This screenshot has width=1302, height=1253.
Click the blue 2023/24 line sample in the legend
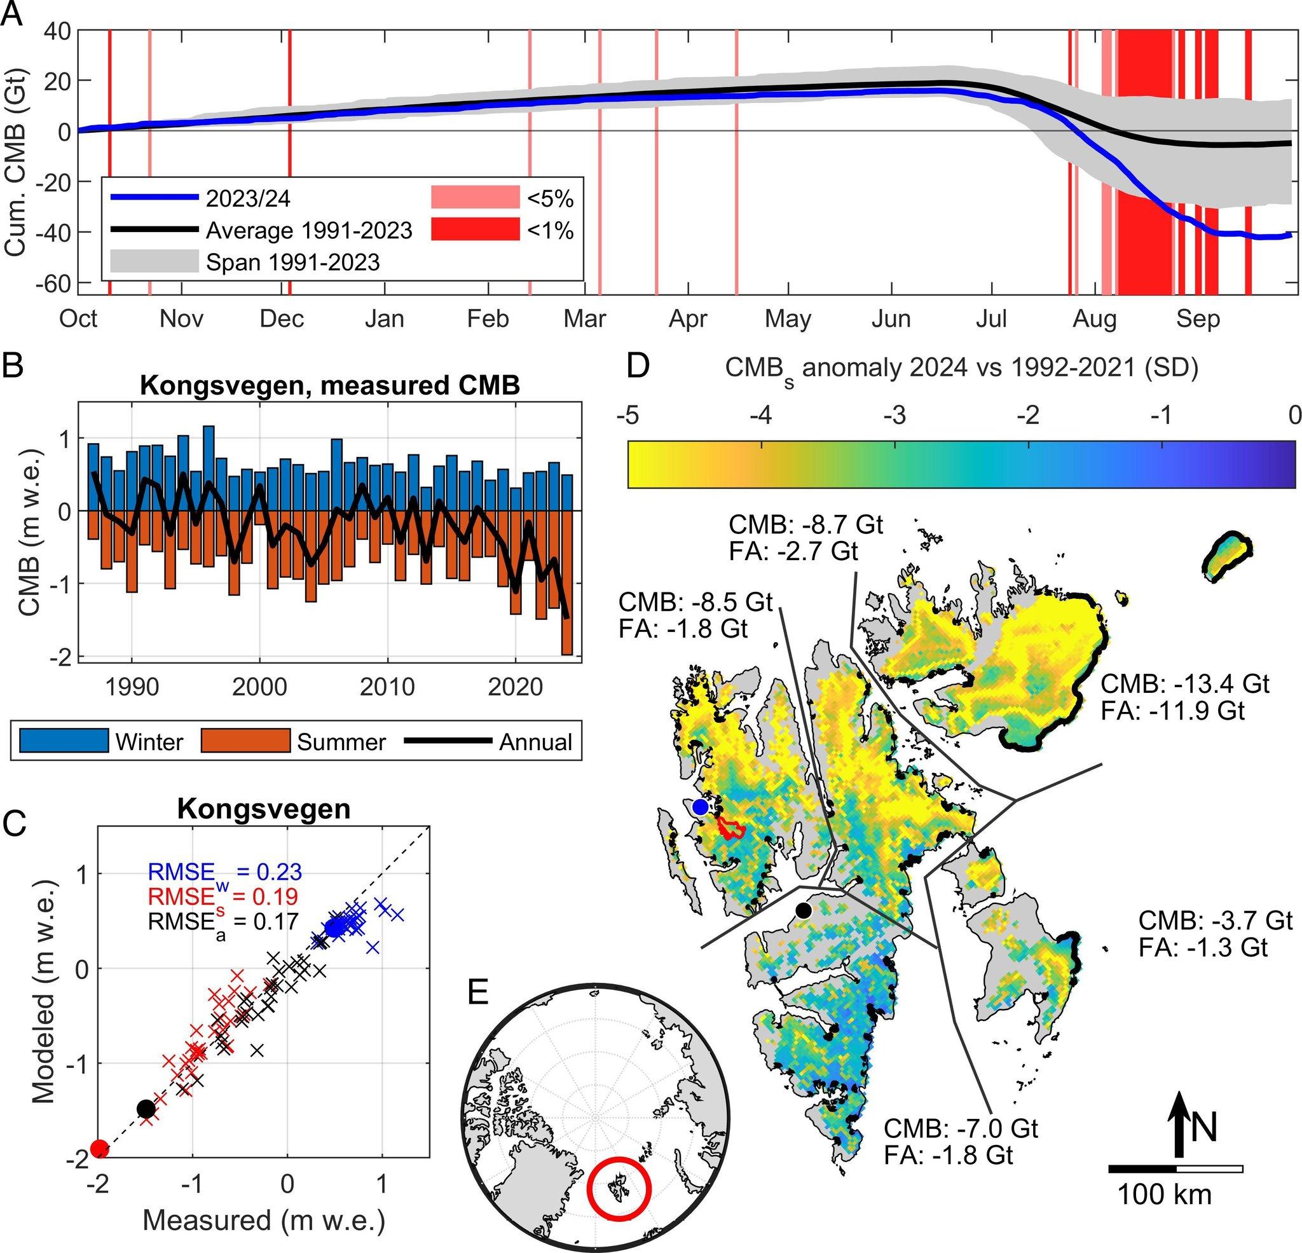click(154, 197)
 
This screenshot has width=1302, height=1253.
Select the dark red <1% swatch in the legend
click(475, 229)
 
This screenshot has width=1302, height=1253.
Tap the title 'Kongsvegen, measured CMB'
click(329, 385)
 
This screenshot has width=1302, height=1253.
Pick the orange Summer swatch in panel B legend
click(245, 741)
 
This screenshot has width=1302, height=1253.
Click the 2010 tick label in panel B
click(387, 687)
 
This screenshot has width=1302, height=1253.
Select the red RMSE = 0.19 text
click(223, 896)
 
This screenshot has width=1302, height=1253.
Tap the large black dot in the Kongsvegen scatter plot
click(146, 1109)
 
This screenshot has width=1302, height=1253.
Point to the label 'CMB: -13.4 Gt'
click(1185, 683)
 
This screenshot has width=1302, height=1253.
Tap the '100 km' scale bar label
click(1165, 1195)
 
